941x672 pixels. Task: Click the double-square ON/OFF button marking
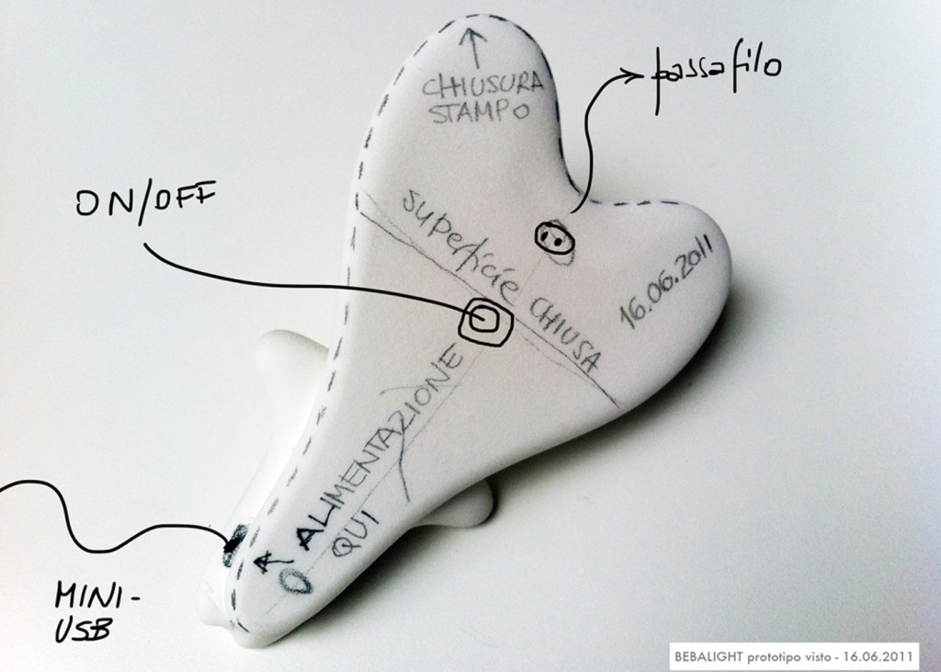point(485,321)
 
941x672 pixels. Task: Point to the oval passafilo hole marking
point(554,239)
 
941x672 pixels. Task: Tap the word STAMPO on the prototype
point(480,111)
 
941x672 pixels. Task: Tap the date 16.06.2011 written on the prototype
point(667,281)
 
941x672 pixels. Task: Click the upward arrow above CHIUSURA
point(475,47)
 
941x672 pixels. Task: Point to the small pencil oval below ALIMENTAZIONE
point(298,580)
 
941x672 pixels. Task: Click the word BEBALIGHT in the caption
point(709,656)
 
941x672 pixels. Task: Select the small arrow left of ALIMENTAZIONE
point(265,563)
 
